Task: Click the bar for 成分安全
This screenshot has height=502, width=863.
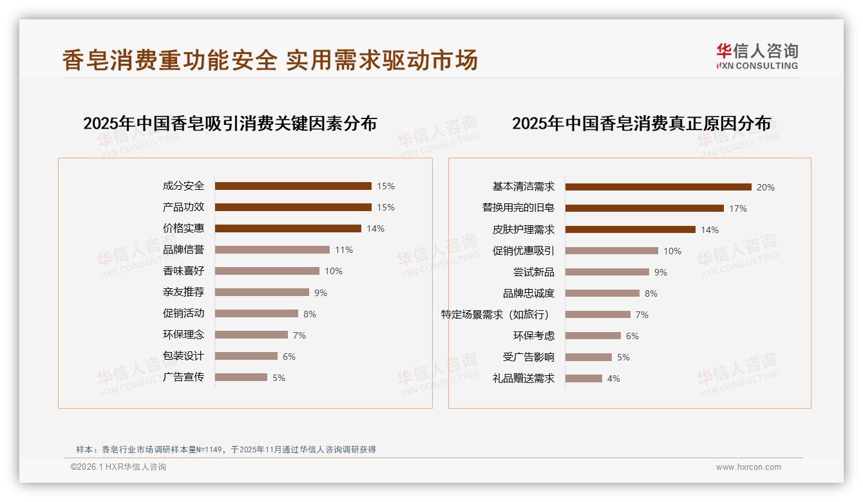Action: (x=293, y=186)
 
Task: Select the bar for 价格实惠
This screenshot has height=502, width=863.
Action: (x=288, y=228)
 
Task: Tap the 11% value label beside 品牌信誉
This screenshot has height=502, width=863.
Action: (x=343, y=250)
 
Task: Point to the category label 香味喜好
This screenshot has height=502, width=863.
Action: (x=184, y=271)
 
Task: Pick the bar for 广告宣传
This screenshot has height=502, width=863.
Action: (x=241, y=377)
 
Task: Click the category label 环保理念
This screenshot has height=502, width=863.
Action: (x=184, y=335)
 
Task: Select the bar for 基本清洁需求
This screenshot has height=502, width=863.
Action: (x=658, y=187)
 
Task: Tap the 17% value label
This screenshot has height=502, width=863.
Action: (x=738, y=209)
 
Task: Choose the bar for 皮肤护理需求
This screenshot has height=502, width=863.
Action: (x=631, y=230)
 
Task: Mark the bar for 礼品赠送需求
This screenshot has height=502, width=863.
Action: (x=584, y=378)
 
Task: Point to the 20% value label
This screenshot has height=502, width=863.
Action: (x=766, y=187)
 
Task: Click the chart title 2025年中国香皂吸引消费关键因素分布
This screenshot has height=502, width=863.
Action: (x=230, y=124)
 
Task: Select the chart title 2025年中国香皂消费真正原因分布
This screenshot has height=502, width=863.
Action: (x=641, y=124)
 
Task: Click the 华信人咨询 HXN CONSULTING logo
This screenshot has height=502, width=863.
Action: (x=757, y=57)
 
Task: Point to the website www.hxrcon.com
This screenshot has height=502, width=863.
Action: (x=748, y=467)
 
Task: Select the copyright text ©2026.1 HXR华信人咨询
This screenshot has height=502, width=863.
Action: (x=119, y=467)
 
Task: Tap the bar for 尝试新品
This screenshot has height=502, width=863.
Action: (x=607, y=272)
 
